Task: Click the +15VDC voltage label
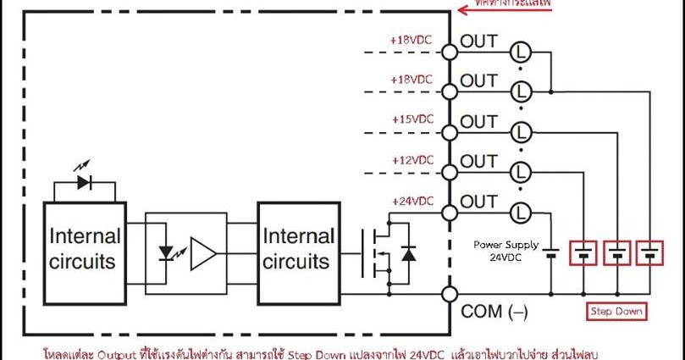click(412, 119)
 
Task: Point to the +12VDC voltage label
click(412, 160)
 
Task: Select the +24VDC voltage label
click(412, 201)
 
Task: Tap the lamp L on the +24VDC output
click(522, 212)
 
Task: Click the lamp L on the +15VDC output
click(522, 132)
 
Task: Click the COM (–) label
click(494, 312)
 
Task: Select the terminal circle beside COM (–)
click(450, 295)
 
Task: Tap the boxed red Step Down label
click(616, 311)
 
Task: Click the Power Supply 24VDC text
click(505, 251)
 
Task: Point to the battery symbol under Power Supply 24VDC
click(552, 252)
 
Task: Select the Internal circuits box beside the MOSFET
click(297, 247)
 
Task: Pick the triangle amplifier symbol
click(203, 252)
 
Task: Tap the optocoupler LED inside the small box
click(168, 252)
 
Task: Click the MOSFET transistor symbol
click(377, 252)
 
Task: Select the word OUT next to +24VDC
click(478, 202)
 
